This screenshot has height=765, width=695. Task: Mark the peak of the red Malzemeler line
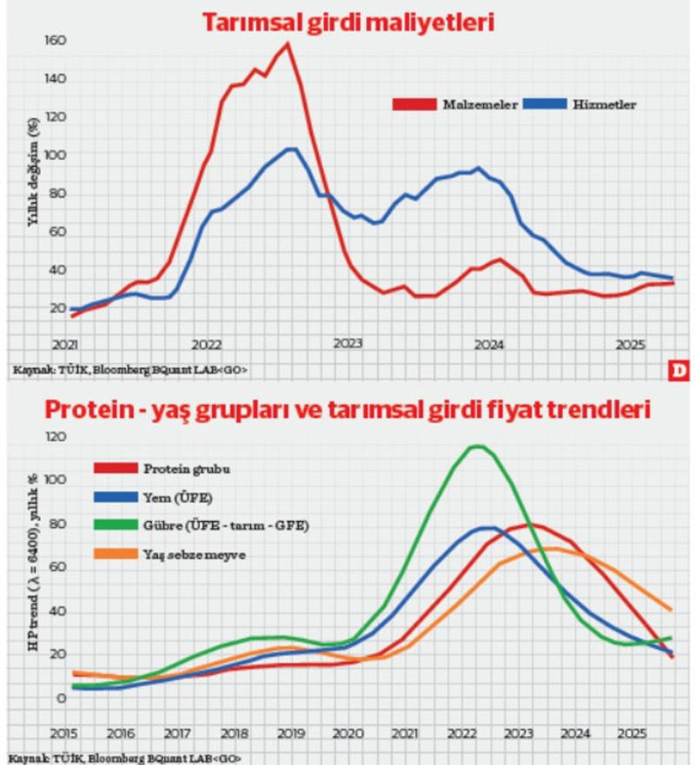(x=288, y=43)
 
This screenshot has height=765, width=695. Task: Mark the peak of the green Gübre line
(x=476, y=446)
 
